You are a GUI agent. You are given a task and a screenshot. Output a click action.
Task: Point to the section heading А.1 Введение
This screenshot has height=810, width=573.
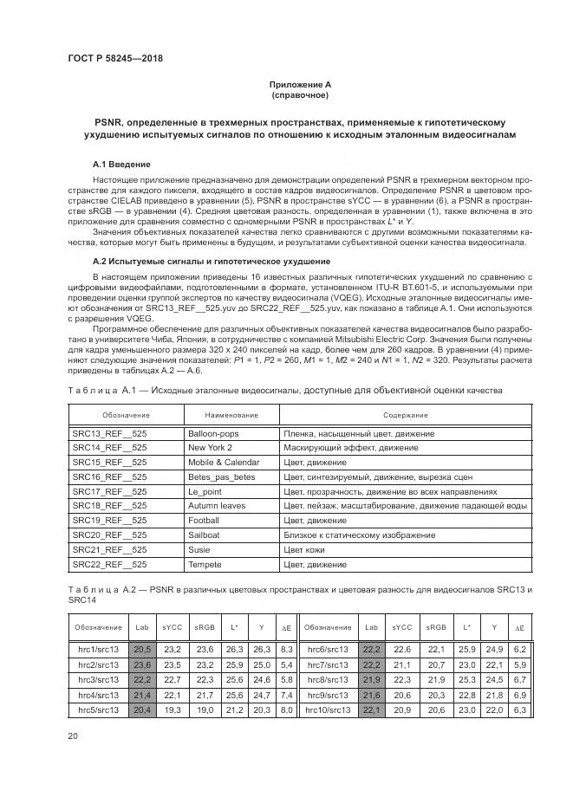click(121, 164)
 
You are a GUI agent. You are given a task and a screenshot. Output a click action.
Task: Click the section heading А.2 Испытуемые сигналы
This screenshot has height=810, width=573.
click(211, 261)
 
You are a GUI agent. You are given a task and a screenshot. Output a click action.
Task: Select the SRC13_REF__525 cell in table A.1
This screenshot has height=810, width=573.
click(110, 432)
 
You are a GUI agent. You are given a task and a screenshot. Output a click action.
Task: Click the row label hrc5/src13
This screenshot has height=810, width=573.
click(98, 709)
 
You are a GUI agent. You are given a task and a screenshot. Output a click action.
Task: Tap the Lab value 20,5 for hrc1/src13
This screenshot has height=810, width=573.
click(142, 649)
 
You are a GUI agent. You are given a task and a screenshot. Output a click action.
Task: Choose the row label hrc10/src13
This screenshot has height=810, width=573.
click(328, 709)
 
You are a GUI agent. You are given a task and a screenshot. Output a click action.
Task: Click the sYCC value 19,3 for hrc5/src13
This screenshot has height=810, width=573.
click(173, 709)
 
